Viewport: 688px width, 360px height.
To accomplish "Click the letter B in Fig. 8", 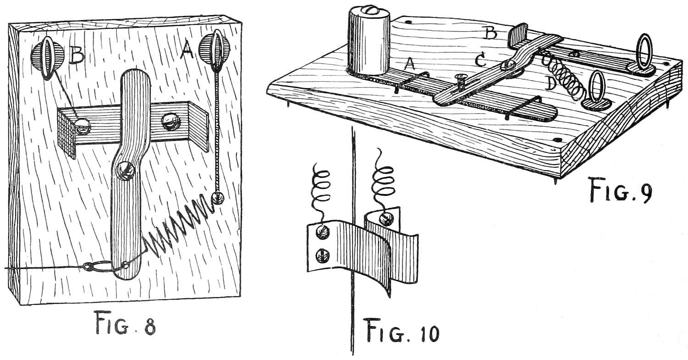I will click(76, 56).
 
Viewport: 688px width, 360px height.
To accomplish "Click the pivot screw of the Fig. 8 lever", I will click(125, 171).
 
